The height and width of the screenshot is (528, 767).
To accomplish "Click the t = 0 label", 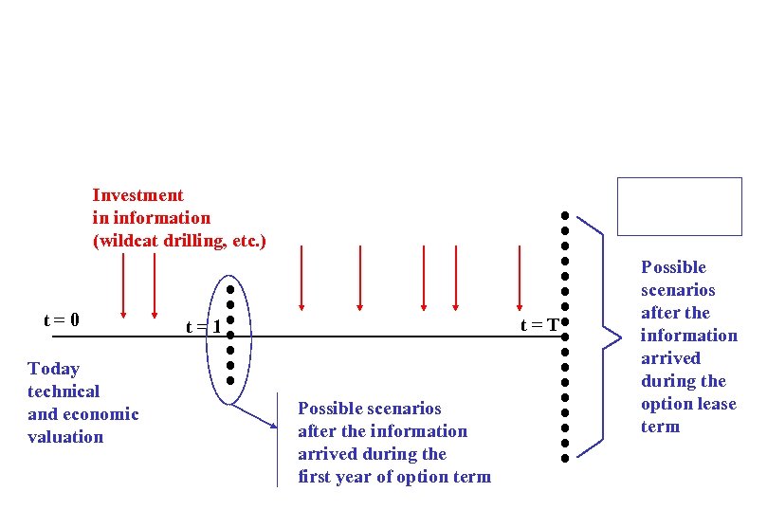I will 62,320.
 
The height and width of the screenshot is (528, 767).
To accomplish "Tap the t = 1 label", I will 204,327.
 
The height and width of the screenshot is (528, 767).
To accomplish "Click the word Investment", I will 138,195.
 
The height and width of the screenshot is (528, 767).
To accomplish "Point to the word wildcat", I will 126,241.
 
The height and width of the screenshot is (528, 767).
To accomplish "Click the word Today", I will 54,369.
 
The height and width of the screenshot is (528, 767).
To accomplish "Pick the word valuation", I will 66,437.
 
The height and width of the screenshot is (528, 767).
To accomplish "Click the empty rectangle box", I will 679,206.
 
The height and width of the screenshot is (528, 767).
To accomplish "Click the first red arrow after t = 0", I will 123,284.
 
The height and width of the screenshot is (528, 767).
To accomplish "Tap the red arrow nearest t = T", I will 520,277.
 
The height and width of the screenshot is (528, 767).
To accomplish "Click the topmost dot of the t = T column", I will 563,215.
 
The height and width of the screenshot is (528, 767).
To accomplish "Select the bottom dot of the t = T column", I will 563,458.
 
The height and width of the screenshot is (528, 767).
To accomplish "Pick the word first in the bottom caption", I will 314,477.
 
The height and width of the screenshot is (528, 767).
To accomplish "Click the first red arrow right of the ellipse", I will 301,277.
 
